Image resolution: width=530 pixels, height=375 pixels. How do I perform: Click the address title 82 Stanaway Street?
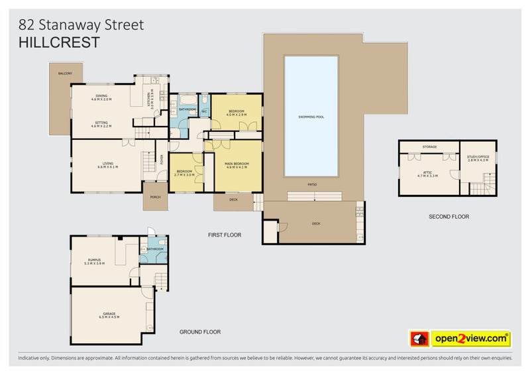(x=81, y=25)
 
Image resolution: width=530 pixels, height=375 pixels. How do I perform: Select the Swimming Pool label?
(x=311, y=117)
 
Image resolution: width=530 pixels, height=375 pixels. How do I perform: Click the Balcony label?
(x=65, y=73)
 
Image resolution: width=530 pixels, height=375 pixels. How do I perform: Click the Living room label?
(x=107, y=164)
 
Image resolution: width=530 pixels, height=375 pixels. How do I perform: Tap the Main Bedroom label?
(x=237, y=164)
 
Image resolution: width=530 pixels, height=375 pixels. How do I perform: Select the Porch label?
(x=156, y=197)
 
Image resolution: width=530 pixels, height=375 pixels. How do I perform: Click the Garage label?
(x=109, y=315)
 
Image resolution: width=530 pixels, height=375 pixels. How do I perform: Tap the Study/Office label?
(x=478, y=158)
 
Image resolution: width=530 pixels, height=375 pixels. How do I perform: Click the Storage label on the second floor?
(x=429, y=146)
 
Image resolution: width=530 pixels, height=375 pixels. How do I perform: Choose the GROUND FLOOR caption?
(x=200, y=332)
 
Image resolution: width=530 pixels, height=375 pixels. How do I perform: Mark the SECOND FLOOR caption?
(x=448, y=217)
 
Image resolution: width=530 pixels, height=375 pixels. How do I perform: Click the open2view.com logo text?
(x=471, y=339)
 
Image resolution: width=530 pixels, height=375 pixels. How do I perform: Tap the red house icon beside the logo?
(x=419, y=339)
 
